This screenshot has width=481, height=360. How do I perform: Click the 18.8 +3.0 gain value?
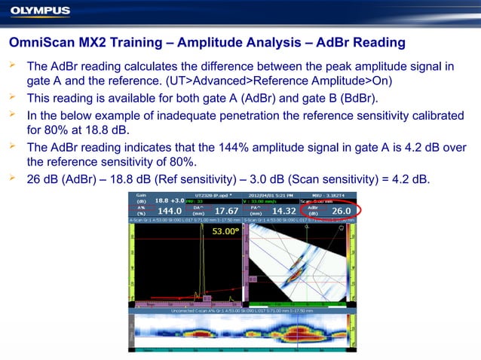pos(170,201)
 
